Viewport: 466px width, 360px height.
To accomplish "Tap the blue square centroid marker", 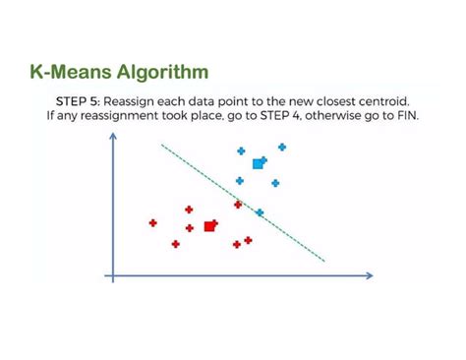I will (x=259, y=163).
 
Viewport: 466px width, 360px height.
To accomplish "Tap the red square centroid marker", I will (x=209, y=226).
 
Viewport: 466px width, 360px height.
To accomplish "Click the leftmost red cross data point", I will (x=152, y=223).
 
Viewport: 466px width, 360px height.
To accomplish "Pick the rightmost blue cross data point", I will (x=282, y=147).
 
